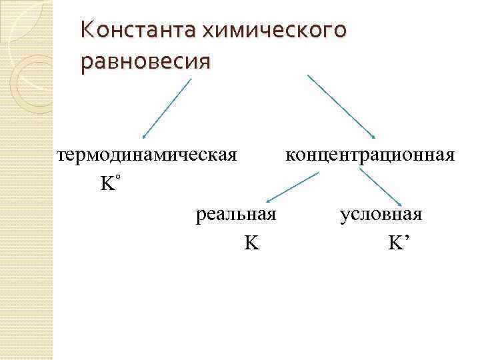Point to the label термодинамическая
click(x=147, y=155)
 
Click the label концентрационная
click(x=370, y=155)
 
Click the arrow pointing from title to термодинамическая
click(x=167, y=107)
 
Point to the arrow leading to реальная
click(x=292, y=187)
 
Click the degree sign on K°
click(x=117, y=178)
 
